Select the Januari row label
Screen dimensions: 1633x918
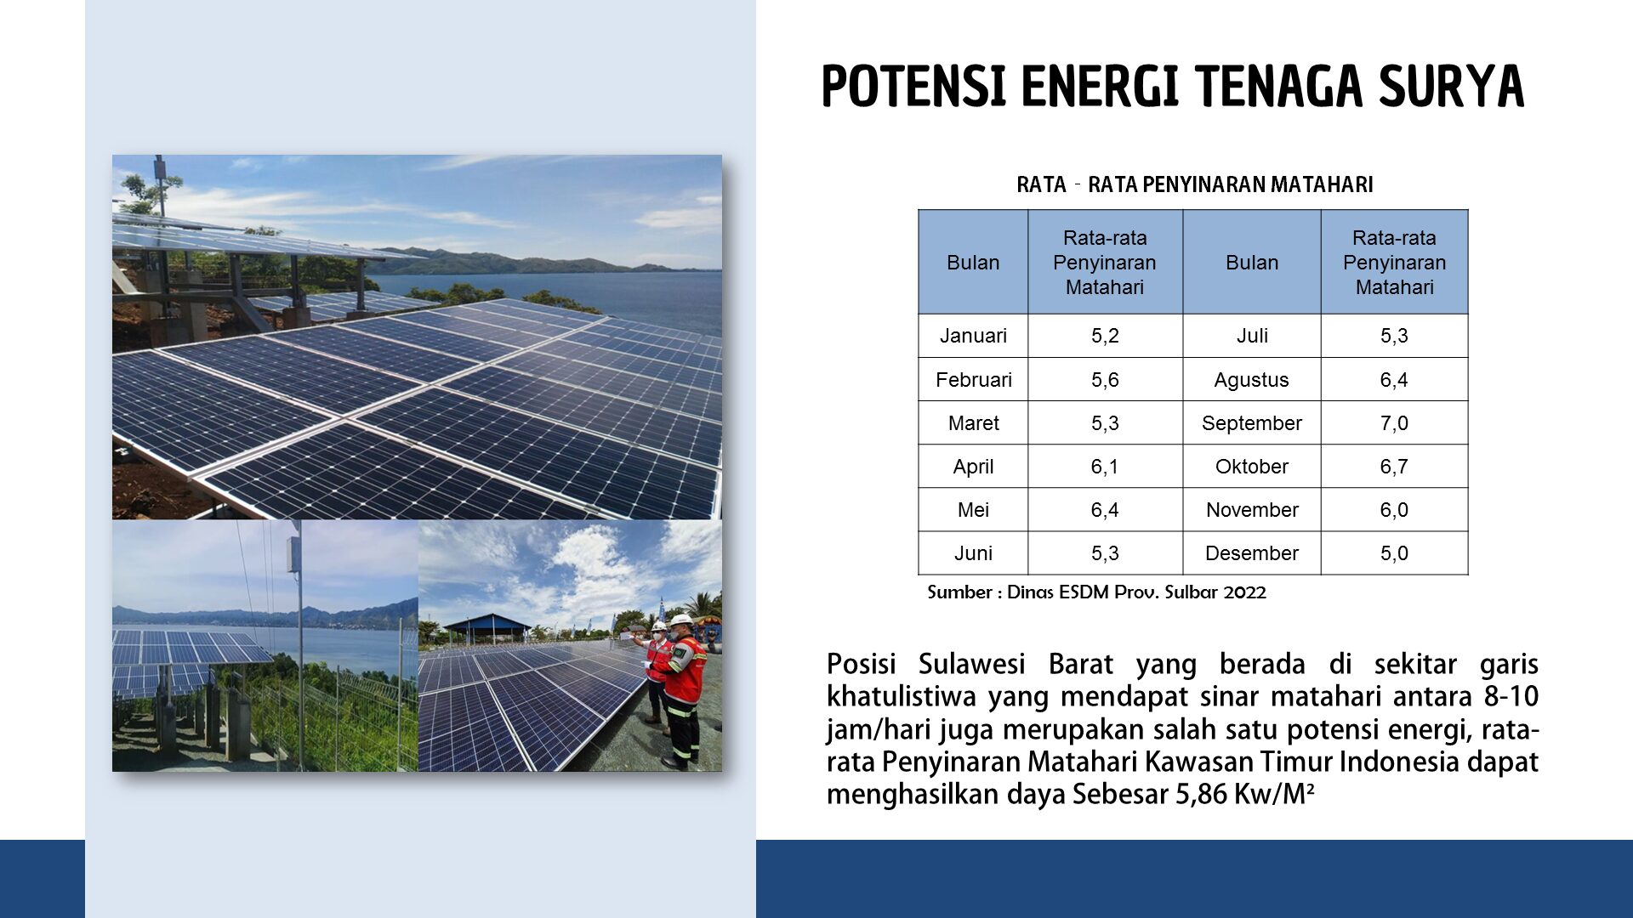pyautogui.click(x=973, y=336)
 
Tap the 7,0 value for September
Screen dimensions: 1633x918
pyautogui.click(x=1394, y=423)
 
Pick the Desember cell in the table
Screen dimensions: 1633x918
pyautogui.click(x=1252, y=553)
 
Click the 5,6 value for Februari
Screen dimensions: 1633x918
pyautogui.click(x=1105, y=380)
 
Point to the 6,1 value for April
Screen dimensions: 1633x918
pyautogui.click(x=1105, y=467)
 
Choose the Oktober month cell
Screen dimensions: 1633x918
pyautogui.click(x=1252, y=467)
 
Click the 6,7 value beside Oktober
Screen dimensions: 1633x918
pyautogui.click(x=1394, y=467)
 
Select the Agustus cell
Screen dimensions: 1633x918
pyautogui.click(x=1251, y=380)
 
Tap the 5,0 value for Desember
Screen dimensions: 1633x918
pyautogui.click(x=1394, y=553)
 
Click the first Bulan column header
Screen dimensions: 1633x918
pyautogui.click(x=973, y=263)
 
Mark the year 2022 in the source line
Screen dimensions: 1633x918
pyautogui.click(x=1245, y=592)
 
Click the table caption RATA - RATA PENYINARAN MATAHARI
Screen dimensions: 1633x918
pyautogui.click(x=1195, y=184)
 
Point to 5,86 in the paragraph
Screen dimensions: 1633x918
pyautogui.click(x=1202, y=794)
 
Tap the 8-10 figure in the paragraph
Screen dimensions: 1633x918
pyautogui.click(x=1511, y=697)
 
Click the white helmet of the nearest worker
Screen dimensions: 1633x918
pyautogui.click(x=681, y=620)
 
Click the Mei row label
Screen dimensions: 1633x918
pyautogui.click(x=973, y=510)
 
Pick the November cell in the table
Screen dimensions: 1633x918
pyautogui.click(x=1252, y=510)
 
